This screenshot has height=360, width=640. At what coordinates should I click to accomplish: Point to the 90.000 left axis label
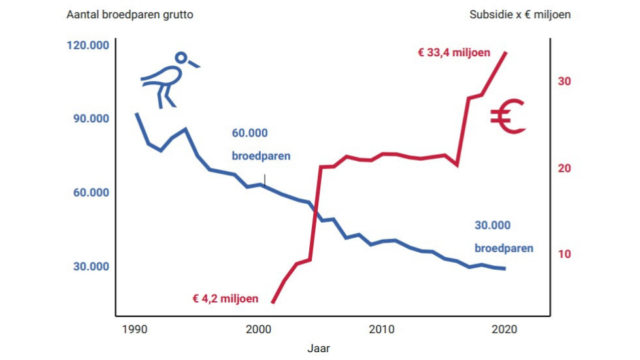[88, 119]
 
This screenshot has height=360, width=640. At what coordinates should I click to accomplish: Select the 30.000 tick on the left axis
[88, 267]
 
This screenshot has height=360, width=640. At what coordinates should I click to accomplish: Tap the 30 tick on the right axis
[565, 82]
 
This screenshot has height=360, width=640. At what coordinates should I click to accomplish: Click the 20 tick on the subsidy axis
[565, 168]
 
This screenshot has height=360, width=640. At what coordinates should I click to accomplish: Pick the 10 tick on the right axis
[565, 254]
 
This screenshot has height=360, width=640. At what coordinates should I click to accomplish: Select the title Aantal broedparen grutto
[130, 14]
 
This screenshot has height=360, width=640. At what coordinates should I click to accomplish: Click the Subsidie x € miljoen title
[520, 14]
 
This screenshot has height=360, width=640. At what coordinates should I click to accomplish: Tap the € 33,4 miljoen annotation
[454, 53]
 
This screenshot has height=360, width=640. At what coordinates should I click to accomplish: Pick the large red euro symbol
[508, 117]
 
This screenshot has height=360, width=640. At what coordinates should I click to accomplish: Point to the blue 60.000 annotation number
[250, 133]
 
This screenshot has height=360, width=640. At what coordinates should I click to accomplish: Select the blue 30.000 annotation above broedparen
[492, 225]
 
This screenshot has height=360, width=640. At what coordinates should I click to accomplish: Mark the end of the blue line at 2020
[505, 269]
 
